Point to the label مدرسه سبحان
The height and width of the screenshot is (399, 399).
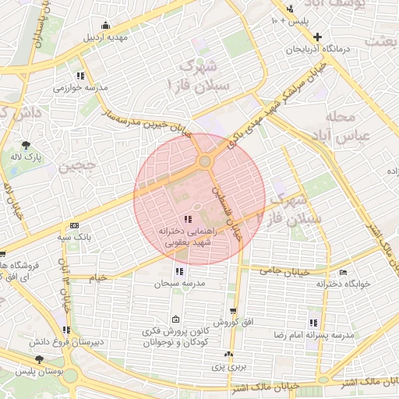coord(181,284)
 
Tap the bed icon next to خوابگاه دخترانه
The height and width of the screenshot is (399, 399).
coord(344,273)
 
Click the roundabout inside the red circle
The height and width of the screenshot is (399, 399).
coord(205,161)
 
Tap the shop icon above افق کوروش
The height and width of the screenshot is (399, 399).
coord(231,310)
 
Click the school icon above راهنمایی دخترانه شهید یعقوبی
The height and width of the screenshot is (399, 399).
coord(187,219)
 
